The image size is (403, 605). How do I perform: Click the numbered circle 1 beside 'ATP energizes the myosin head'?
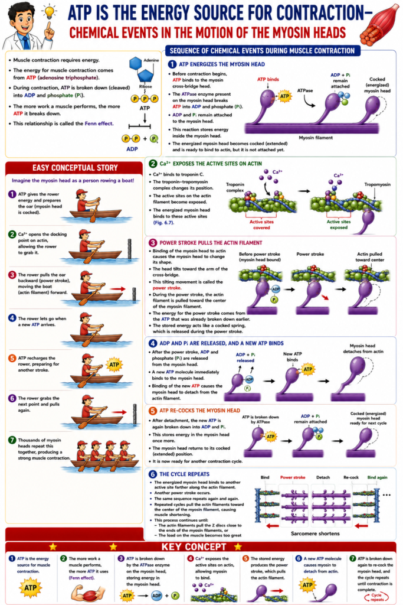[x=172, y=64]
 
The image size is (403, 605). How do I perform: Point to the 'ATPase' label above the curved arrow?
[x=305, y=90]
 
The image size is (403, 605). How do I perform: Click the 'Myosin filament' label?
[x=316, y=138]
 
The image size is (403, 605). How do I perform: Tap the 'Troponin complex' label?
[x=235, y=187]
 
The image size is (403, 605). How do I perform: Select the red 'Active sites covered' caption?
[x=261, y=225]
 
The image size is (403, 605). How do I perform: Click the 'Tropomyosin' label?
[x=377, y=184]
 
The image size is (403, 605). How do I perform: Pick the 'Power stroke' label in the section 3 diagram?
[x=310, y=254]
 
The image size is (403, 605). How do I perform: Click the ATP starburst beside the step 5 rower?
[x=114, y=365]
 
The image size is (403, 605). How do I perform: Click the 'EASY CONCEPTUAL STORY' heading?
[x=75, y=168]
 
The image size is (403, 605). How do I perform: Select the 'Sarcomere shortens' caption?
[x=315, y=534]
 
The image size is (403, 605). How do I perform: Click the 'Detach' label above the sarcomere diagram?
[x=323, y=477]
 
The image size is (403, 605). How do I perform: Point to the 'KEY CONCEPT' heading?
[x=194, y=547]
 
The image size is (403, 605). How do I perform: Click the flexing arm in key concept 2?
[x=89, y=593]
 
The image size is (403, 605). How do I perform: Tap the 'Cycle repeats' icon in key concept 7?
[x=376, y=597]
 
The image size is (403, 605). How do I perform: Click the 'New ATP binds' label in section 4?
[x=293, y=356]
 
